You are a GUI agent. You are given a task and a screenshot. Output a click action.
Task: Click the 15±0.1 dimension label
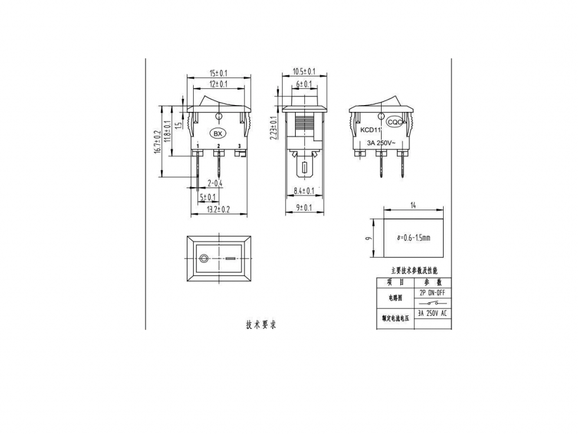coord(218,73)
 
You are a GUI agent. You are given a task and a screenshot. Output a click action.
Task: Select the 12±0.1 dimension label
coord(218,84)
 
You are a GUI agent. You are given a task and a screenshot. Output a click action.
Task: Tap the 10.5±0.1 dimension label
coord(304,72)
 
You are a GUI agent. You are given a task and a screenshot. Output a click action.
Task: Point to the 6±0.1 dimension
coord(304,84)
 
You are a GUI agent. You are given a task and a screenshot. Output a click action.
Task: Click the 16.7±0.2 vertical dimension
coord(157,142)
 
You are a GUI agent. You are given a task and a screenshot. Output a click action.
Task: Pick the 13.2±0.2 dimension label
coord(218,209)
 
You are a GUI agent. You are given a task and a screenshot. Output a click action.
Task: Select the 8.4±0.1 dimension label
coord(304,191)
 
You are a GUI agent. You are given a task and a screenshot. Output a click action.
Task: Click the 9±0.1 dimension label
coord(304,208)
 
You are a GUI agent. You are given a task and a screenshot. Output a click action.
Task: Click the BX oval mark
coord(217,134)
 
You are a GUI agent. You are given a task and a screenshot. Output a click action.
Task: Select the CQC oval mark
coord(395,121)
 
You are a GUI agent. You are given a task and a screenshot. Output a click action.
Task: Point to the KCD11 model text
coord(371,130)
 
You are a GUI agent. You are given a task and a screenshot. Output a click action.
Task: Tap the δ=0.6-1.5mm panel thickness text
coord(413,238)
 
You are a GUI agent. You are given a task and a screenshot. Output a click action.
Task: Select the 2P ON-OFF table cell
coord(433,293)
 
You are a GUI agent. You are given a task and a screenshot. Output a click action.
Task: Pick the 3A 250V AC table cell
coord(433,313)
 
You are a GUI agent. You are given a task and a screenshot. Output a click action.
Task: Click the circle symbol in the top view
coord(204,259)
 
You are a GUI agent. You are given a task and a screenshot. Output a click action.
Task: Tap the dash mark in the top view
coord(230,259)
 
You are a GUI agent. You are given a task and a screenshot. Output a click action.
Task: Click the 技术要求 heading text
coord(261,325)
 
